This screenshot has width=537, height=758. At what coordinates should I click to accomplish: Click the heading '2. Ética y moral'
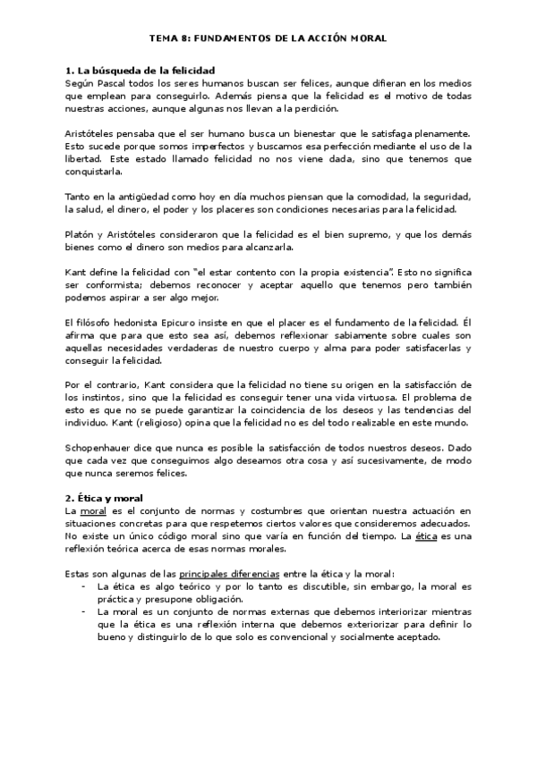tap(105, 497)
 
